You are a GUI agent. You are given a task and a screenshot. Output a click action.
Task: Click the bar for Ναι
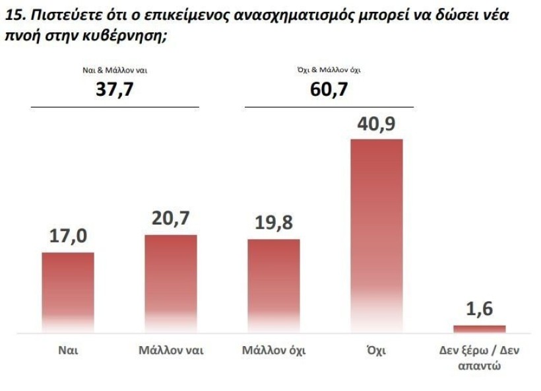tap(68, 292)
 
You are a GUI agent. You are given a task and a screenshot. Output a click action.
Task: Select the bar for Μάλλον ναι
tap(171, 283)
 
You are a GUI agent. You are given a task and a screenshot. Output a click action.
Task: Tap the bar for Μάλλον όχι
tap(273, 285)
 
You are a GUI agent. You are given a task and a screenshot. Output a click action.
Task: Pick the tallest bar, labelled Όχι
tap(376, 235)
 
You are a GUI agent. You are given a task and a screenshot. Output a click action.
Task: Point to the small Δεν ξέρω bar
tap(479, 328)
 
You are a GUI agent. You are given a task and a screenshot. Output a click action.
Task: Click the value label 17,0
tap(68, 236)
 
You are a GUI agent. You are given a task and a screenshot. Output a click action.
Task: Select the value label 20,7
tap(171, 219)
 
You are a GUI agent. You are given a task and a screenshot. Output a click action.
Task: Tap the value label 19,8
tap(273, 223)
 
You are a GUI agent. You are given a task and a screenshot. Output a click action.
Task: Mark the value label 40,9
tap(376, 124)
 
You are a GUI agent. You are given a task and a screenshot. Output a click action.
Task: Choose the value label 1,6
tap(479, 308)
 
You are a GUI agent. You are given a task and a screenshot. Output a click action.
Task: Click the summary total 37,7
tap(115, 89)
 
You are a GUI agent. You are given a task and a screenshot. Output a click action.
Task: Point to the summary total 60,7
tap(329, 89)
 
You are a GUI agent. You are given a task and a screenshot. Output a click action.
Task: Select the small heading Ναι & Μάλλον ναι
tap(115, 69)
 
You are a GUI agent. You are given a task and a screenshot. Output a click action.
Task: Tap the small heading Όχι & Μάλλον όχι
tap(329, 69)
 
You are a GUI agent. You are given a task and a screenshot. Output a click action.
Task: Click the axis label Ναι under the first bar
tap(68, 350)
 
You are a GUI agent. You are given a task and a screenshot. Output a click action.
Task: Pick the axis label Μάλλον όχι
tap(273, 350)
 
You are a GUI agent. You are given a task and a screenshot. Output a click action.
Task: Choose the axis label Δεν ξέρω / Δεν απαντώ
tap(479, 357)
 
